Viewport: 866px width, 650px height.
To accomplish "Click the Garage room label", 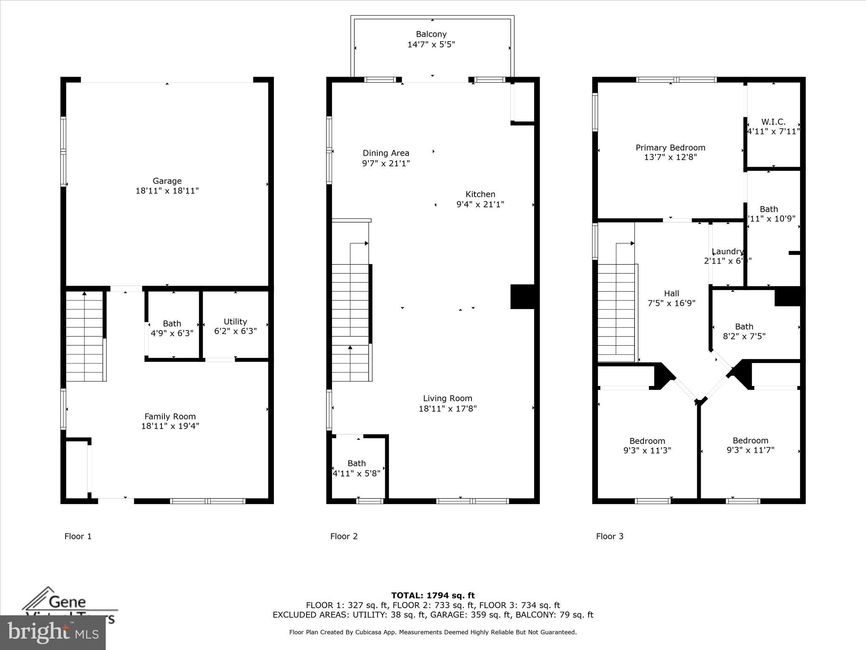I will coord(167,181).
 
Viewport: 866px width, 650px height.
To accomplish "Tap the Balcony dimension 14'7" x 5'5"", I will coord(431,44).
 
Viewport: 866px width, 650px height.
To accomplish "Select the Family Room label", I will coord(170,416).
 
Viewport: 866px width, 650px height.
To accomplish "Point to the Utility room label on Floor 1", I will coord(235,322).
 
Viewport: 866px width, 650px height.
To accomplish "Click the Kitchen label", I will coord(480,194).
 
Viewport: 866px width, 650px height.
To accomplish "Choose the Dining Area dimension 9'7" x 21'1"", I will coord(386,163).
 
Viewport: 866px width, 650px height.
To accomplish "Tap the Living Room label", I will coord(447,398).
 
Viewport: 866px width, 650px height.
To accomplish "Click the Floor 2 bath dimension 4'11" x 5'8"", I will coord(356,474).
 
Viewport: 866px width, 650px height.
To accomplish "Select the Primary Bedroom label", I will coord(670,148).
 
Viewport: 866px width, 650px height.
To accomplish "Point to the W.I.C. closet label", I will coord(773,122).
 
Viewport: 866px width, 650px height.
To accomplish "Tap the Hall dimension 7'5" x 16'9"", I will coord(671,303).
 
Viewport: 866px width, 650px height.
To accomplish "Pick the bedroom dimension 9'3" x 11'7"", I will coord(750,450).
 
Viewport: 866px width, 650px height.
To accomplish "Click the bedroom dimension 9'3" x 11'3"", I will coord(647,451).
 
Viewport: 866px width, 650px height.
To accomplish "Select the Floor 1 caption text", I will coord(78,536).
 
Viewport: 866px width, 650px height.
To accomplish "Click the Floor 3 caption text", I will coord(609,536).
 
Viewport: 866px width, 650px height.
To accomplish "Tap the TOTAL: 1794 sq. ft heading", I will coord(433,595).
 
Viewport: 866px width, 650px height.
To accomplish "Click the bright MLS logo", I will coord(53,632).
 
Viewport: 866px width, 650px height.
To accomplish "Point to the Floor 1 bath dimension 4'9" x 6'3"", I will coord(172,333).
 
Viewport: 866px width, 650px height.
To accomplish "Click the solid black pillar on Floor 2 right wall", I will coord(523,297).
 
